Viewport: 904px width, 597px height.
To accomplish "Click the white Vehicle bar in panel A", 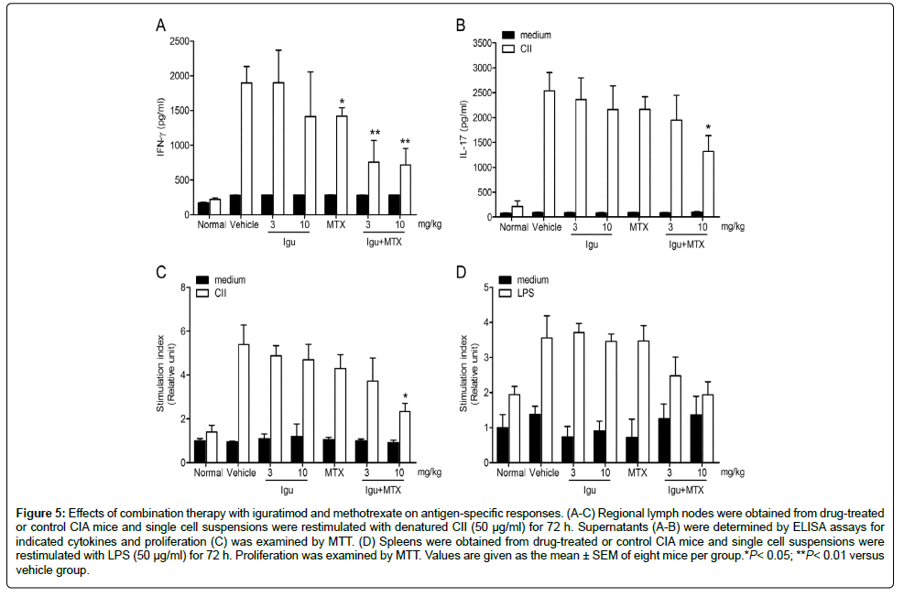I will tap(246, 150).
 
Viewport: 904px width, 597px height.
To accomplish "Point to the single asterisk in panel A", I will tap(342, 103).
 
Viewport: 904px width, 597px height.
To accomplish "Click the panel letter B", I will tap(461, 26).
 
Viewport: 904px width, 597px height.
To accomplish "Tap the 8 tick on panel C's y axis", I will tap(185, 288).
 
